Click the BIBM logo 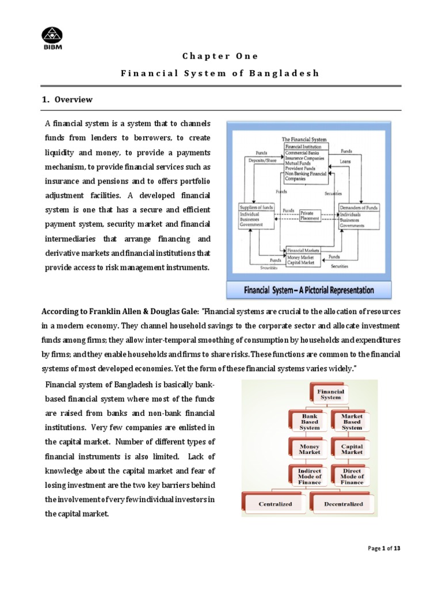coord(53,37)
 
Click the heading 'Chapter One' coord(220,56)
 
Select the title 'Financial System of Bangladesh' coord(220,74)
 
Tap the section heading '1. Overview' coord(67,100)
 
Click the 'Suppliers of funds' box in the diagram coord(256,216)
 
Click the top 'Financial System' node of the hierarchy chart coord(330,394)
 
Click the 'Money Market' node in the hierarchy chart coord(310,449)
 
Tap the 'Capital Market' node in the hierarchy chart coord(351,449)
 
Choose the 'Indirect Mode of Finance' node coord(310,476)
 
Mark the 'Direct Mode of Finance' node coord(351,476)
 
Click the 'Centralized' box coord(275,503)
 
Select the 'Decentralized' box coord(343,503)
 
